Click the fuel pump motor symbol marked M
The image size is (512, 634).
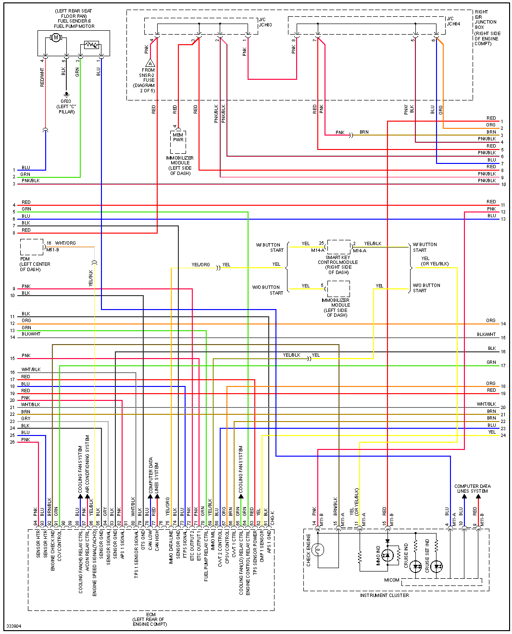point(56,37)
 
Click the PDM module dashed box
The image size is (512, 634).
point(32,247)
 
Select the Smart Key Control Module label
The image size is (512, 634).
point(338,262)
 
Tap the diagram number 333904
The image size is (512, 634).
point(13,626)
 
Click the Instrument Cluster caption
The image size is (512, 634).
point(385,596)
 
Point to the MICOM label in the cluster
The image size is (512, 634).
point(392,580)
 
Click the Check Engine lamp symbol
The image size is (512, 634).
point(318,549)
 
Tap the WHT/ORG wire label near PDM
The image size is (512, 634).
point(65,243)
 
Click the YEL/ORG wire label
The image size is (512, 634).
point(200,265)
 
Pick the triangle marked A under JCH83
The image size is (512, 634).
point(150,63)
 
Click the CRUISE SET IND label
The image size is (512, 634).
point(427,556)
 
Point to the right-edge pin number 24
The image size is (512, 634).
point(503,435)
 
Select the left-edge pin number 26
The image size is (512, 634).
point(12,442)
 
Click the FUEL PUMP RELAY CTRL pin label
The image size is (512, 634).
point(206,558)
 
